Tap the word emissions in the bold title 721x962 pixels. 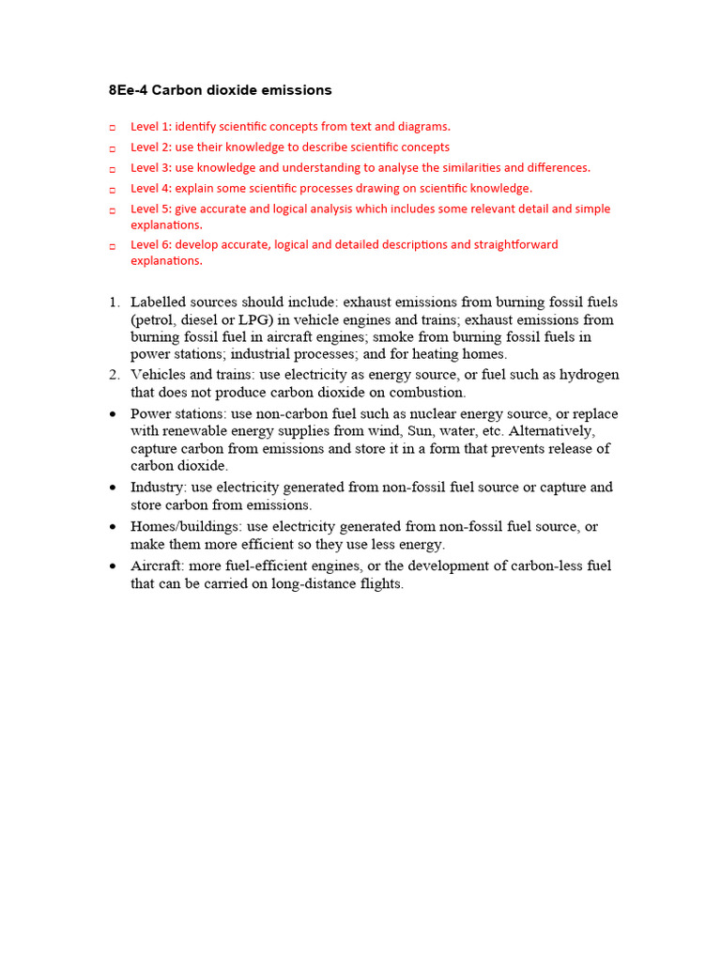click(x=296, y=91)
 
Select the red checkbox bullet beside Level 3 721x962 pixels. click(x=112, y=169)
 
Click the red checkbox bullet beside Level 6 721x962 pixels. click(x=112, y=246)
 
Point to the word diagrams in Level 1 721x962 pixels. click(x=418, y=126)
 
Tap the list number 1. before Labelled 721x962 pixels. click(x=114, y=303)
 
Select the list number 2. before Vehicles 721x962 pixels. click(x=114, y=375)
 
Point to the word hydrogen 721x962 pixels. click(x=589, y=375)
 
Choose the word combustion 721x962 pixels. click(x=425, y=392)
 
